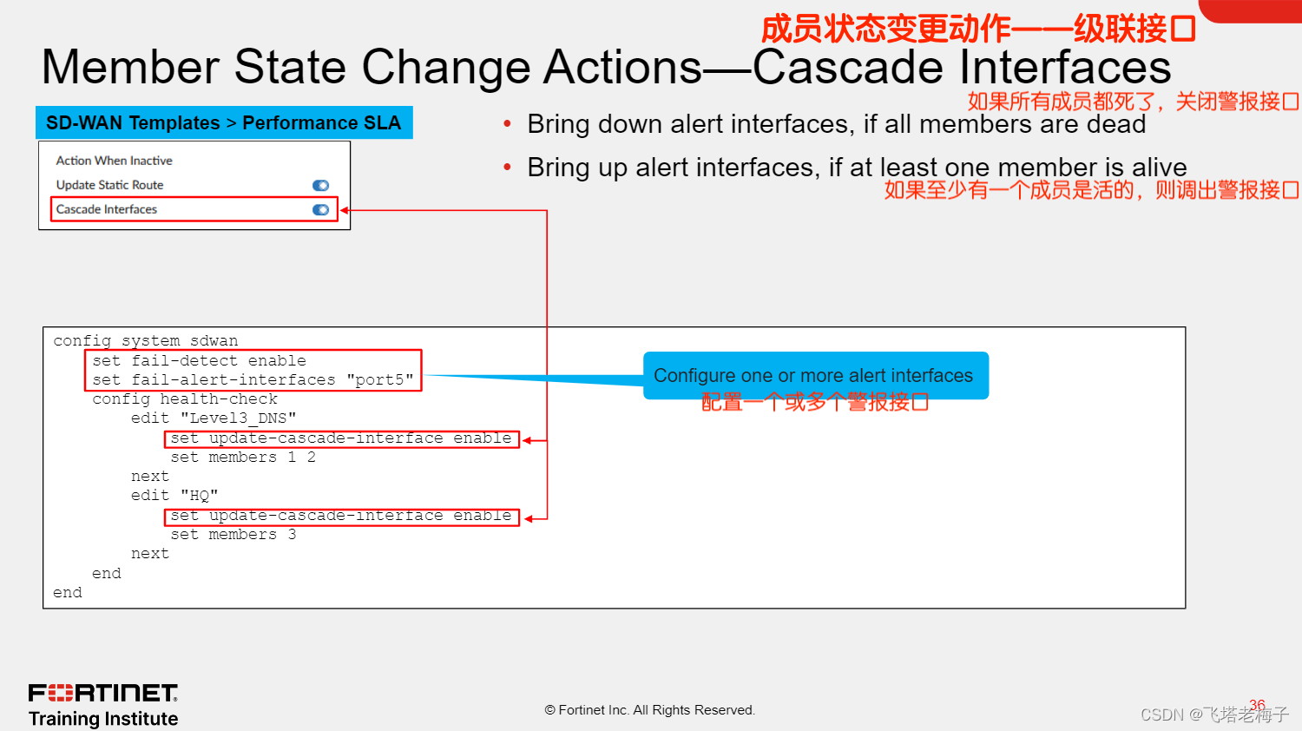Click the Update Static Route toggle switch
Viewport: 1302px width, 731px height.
click(x=321, y=186)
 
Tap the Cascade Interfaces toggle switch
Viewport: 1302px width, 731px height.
click(x=321, y=210)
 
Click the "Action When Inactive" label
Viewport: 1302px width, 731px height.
click(x=114, y=161)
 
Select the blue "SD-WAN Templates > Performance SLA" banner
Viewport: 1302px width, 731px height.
click(x=224, y=122)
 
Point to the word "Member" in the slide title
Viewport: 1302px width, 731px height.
click(x=130, y=68)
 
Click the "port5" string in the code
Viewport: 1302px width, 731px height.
click(x=380, y=379)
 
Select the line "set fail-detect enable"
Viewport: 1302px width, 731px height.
click(x=199, y=360)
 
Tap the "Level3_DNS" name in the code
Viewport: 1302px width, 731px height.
click(x=239, y=418)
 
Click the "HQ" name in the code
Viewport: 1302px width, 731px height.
click(x=200, y=496)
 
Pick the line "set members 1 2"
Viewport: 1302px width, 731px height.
click(x=243, y=458)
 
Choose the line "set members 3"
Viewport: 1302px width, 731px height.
click(x=233, y=535)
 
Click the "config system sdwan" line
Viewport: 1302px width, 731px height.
click(x=145, y=341)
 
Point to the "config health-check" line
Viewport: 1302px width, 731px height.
click(x=185, y=399)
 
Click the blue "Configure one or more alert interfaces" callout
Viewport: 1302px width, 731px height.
click(x=816, y=376)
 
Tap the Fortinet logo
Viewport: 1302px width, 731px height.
click(x=103, y=693)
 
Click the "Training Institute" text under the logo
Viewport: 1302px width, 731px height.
click(x=103, y=719)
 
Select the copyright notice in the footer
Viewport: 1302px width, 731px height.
click(x=649, y=710)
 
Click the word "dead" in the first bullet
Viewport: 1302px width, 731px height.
click(x=1116, y=124)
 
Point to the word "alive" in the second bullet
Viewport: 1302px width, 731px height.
click(x=1159, y=168)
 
